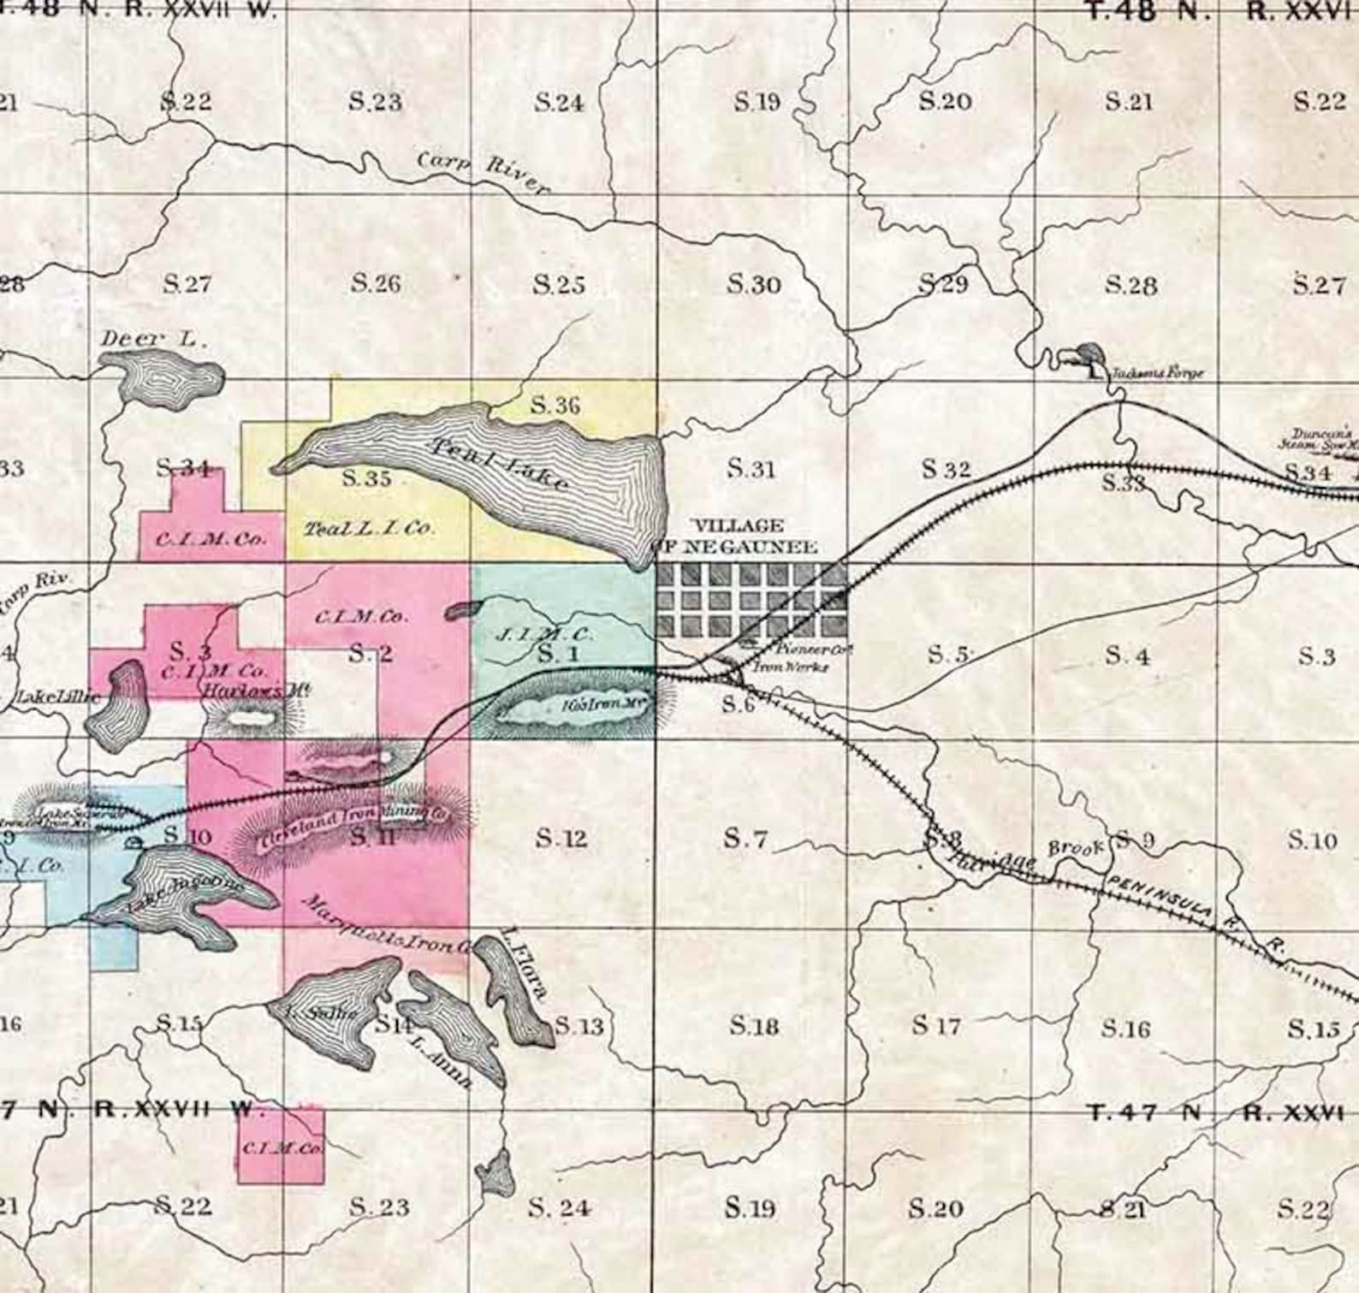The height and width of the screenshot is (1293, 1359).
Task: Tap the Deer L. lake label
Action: tap(153, 339)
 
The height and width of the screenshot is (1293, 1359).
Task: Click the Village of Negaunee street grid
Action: tap(751, 599)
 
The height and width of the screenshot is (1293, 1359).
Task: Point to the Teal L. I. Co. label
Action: tap(369, 529)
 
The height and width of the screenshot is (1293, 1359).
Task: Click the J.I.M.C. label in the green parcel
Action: tap(544, 635)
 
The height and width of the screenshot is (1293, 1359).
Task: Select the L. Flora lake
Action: tap(516, 993)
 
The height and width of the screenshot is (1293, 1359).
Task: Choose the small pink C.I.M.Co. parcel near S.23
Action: tap(281, 1147)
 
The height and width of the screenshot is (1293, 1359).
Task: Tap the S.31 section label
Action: tap(751, 469)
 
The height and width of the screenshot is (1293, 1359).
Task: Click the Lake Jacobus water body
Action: tap(184, 894)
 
